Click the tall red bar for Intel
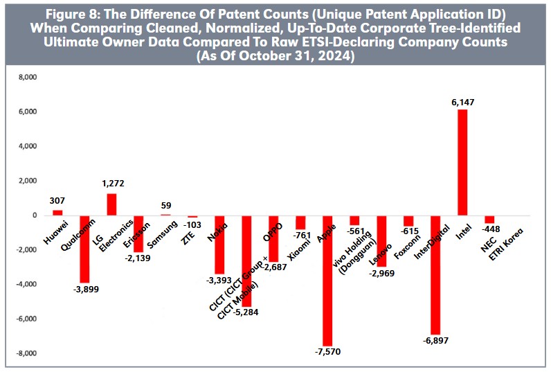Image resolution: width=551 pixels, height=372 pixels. pyautogui.click(x=462, y=162)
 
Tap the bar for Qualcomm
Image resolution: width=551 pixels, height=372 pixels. pyautogui.click(x=84, y=249)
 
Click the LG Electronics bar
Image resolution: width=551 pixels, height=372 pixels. pyautogui.click(x=111, y=204)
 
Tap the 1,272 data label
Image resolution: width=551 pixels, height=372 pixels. pyautogui.click(x=111, y=184)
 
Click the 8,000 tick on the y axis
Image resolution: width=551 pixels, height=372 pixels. pyautogui.click(x=26, y=78)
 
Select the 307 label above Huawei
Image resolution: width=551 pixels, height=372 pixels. pyautogui.click(x=57, y=201)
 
